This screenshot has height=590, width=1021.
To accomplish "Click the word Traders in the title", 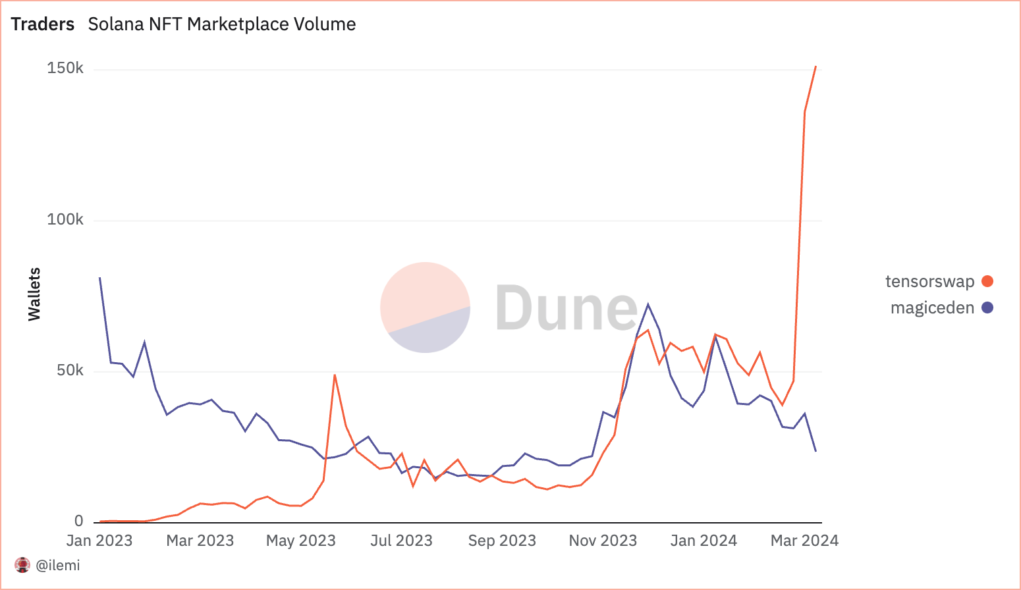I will pyautogui.click(x=43, y=24).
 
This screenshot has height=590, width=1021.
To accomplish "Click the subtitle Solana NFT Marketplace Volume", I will pyautogui.click(x=222, y=24).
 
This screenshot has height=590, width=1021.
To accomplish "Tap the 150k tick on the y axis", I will pyautogui.click(x=65, y=68).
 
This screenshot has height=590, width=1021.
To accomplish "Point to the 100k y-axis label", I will pyautogui.click(x=65, y=220).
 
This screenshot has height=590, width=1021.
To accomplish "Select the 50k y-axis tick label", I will pyautogui.click(x=70, y=371).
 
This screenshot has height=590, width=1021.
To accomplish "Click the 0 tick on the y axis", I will pyautogui.click(x=79, y=522).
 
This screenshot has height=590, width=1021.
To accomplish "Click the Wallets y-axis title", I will pyautogui.click(x=34, y=294).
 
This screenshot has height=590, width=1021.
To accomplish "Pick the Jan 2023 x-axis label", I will pyautogui.click(x=99, y=541).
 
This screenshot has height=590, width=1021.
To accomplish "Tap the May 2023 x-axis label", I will pyautogui.click(x=301, y=541).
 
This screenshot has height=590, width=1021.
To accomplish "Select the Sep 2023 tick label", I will pyautogui.click(x=502, y=541).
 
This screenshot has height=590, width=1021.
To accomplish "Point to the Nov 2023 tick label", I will pyautogui.click(x=603, y=541).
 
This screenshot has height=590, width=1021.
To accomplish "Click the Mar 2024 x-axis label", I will pyautogui.click(x=804, y=541).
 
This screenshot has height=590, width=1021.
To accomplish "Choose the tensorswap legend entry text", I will pyautogui.click(x=929, y=282).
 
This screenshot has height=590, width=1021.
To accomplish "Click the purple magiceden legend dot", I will pyautogui.click(x=987, y=308).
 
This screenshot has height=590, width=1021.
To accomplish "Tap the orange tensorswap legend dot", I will pyautogui.click(x=987, y=282).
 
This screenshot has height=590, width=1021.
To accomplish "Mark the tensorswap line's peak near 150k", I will pyautogui.click(x=815, y=67).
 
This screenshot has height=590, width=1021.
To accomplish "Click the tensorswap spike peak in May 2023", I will pyautogui.click(x=335, y=375).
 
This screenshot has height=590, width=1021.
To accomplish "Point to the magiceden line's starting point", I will pyautogui.click(x=99, y=278).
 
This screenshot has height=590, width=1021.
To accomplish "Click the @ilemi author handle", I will pyautogui.click(x=58, y=565).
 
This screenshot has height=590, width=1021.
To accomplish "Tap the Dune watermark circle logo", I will pyautogui.click(x=426, y=308).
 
